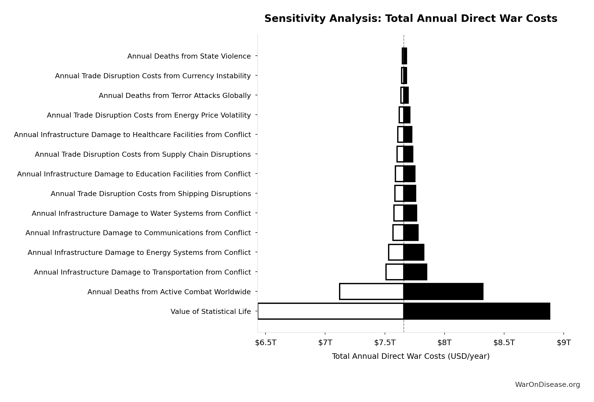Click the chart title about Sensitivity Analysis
click(x=411, y=19)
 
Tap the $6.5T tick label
click(x=266, y=343)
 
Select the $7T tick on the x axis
click(x=325, y=343)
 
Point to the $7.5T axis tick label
click(x=385, y=343)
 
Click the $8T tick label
click(x=445, y=343)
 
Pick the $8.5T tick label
click(x=504, y=343)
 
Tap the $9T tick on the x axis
click(x=563, y=343)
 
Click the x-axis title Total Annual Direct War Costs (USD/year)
click(x=411, y=356)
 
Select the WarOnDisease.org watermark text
click(x=547, y=385)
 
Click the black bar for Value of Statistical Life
click(x=477, y=311)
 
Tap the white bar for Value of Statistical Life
click(x=331, y=311)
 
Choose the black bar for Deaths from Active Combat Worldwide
click(x=443, y=292)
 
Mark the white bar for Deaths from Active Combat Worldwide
click(x=371, y=292)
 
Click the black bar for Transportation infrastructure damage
click(x=415, y=272)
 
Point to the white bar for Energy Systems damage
click(x=396, y=252)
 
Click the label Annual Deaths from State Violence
click(x=189, y=56)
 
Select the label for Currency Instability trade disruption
click(x=153, y=76)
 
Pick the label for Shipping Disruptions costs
click(x=151, y=194)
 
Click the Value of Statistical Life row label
click(x=210, y=312)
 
